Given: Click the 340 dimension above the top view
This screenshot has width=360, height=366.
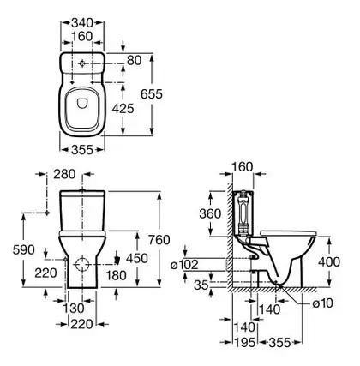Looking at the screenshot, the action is pos(82,22).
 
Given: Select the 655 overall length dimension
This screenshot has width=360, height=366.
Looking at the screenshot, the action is pos(152,94).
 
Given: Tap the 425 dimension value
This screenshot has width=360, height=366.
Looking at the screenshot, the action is pos(123,109).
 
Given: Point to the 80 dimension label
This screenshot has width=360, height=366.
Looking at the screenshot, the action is pos(135,61).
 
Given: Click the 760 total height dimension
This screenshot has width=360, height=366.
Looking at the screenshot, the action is pos(159,240).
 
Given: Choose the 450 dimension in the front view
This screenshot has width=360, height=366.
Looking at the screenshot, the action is pos(137,259).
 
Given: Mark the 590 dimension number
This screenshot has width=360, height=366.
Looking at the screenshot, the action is pos(24,250).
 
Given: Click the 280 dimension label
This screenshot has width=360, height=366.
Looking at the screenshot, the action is pos(64,174).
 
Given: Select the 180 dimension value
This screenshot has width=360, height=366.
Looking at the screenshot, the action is pos(116,276).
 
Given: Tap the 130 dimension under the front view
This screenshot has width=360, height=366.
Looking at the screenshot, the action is pos(74,309).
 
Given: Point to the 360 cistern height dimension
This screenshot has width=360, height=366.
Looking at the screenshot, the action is pos(210,213).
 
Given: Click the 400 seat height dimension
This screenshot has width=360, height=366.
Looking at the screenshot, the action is pos(329,261).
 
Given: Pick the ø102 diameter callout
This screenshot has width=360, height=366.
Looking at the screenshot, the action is pos(184,265).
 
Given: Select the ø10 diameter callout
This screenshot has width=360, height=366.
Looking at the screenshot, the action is pos(322,303).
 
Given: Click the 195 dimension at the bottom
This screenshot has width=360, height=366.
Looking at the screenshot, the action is pos(244,343).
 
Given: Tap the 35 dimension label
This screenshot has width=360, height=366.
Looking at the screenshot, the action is pos(201,285).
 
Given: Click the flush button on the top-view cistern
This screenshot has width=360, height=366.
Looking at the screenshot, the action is pos(82,64).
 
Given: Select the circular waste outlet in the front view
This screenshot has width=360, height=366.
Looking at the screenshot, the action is pos(81,264).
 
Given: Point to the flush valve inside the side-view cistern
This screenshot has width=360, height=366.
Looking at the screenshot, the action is pos(243,213).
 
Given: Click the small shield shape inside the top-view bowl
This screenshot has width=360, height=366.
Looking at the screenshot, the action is pos(82,104).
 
